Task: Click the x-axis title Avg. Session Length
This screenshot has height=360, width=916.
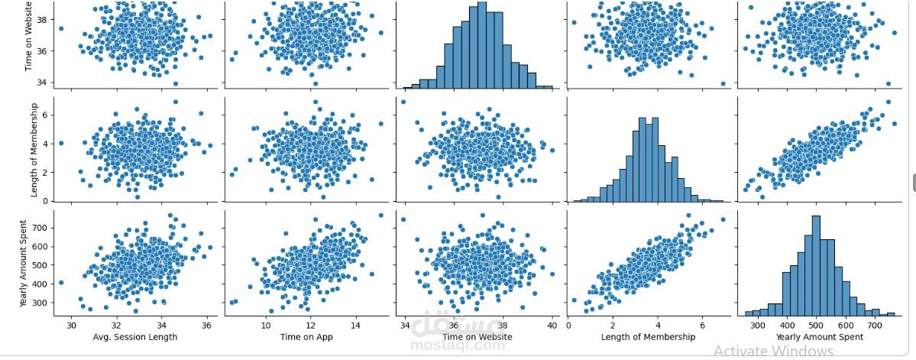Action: click(x=134, y=336)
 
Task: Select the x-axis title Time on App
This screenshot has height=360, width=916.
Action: click(x=306, y=336)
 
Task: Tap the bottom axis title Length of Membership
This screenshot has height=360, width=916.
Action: click(x=648, y=336)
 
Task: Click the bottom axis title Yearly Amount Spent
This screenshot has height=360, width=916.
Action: click(x=819, y=336)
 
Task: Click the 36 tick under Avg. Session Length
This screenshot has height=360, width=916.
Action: click(x=206, y=323)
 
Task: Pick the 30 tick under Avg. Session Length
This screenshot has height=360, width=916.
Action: click(x=71, y=323)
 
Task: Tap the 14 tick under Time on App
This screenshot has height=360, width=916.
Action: click(x=354, y=323)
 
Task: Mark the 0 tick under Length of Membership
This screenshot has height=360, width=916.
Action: click(x=570, y=323)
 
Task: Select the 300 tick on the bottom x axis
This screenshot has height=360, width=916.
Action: click(x=758, y=323)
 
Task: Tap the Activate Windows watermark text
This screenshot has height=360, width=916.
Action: click(x=773, y=351)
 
